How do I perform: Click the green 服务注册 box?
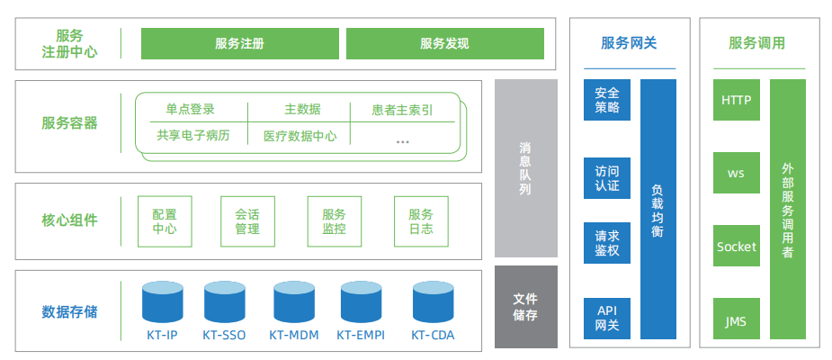239,43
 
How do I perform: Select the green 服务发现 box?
444,43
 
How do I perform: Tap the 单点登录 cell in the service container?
190,110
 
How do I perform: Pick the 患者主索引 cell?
402,110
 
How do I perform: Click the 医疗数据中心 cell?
300,136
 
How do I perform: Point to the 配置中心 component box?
165,221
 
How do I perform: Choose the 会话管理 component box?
247,221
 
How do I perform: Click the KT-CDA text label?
432,336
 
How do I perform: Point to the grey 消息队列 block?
525,168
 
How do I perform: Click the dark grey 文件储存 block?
525,306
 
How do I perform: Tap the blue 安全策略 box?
607,100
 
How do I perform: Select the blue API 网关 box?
607,318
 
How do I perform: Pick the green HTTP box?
736,100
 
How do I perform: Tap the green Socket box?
736,246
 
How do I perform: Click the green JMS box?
736,320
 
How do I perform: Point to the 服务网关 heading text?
629,43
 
